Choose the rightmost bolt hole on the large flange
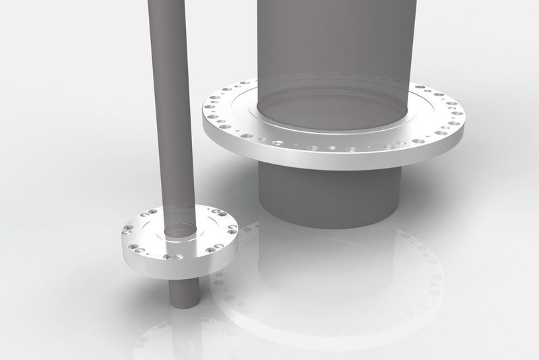(x=457, y=113)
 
